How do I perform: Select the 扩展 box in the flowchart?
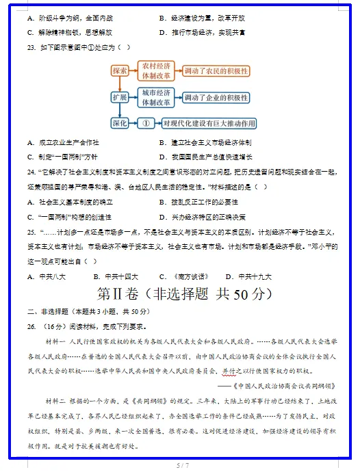coord(120,97)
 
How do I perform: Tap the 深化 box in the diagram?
coord(120,124)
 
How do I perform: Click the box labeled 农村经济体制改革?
coord(155,70)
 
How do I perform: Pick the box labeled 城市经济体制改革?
coord(155,97)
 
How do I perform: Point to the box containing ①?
coord(145,124)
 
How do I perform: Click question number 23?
coord(31,47)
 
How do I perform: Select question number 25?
coord(31,232)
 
